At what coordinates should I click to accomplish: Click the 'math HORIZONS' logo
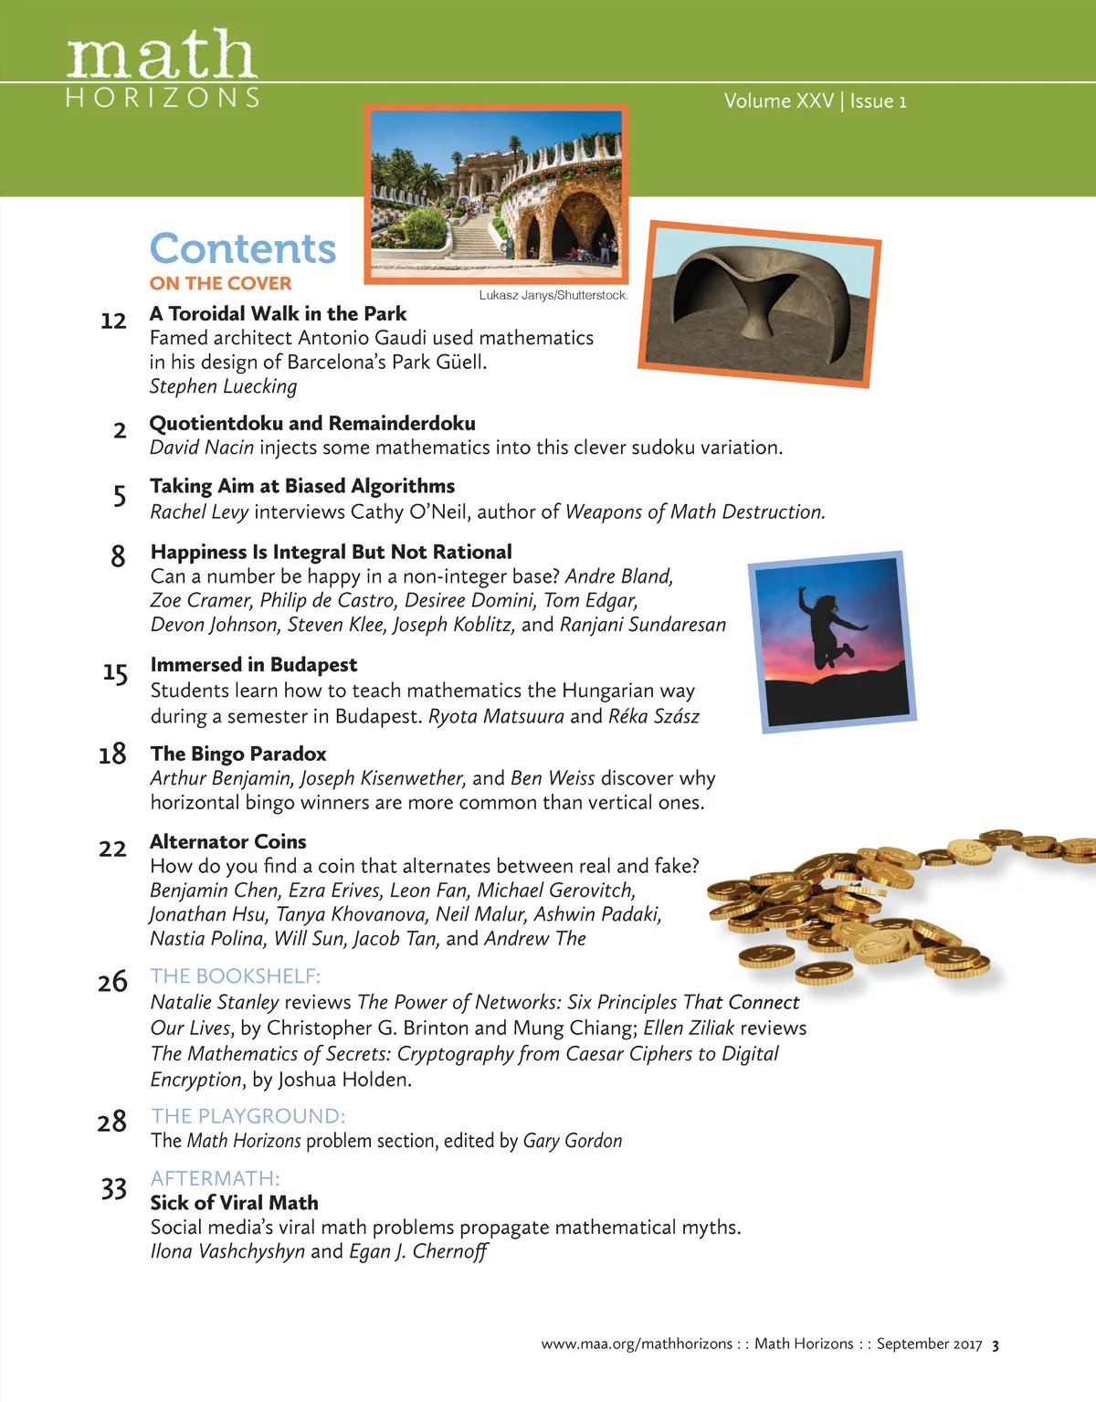pos(163,69)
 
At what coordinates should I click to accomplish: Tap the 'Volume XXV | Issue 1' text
pos(815,100)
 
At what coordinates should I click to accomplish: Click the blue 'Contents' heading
pos(243,248)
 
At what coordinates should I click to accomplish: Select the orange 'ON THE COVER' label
pos(221,283)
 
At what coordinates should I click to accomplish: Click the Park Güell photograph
pos(497,195)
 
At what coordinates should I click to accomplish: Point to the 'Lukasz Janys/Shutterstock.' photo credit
pos(553,295)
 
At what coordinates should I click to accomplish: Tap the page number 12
pos(113,321)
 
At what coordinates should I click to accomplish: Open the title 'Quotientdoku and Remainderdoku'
pos(312,423)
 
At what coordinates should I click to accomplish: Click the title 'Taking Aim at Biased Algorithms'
pos(302,486)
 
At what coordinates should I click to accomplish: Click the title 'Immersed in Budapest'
pos(254,664)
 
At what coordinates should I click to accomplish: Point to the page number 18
pos(112,754)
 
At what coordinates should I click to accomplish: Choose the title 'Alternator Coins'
pos(228,841)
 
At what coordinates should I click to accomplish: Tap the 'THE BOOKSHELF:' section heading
pos(236,975)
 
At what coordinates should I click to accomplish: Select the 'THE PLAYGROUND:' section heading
pos(248,1115)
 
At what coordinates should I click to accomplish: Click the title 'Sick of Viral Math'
pos(235,1202)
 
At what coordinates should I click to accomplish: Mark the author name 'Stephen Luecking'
pos(224,386)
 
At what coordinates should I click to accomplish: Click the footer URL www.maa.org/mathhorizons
pos(637,1344)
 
